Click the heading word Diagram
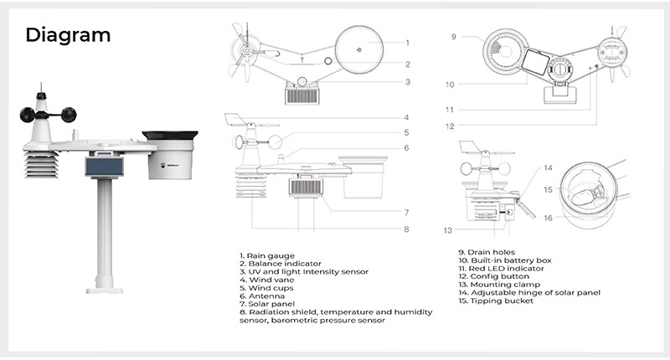pyautogui.click(x=68, y=35)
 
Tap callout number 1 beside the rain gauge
pyautogui.click(x=407, y=42)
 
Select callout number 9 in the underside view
pyautogui.click(x=453, y=37)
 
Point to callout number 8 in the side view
pyautogui.click(x=407, y=229)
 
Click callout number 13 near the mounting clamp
pyautogui.click(x=447, y=229)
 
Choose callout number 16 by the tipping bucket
pyautogui.click(x=548, y=218)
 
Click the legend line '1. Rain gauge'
pyautogui.click(x=267, y=255)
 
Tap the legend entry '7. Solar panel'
pyautogui.click(x=267, y=303)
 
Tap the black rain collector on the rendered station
pyautogui.click(x=170, y=134)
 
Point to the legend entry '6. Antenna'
pyautogui.click(x=262, y=296)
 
